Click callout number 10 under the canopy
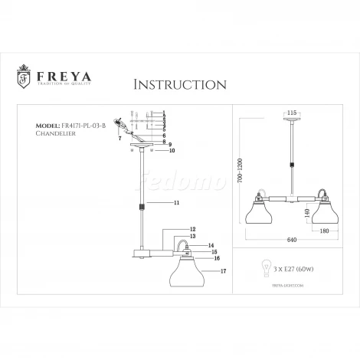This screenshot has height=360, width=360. tap(172, 151)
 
